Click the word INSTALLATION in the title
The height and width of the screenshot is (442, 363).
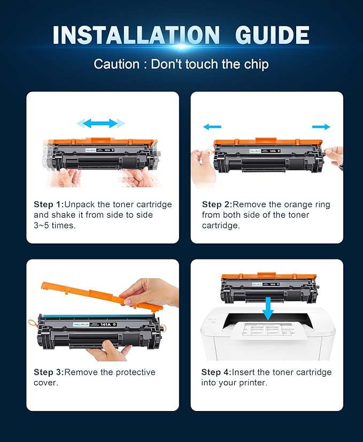pos(136,35)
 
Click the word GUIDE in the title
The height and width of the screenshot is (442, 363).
pos(273,35)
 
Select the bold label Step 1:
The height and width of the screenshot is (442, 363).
pos(49,204)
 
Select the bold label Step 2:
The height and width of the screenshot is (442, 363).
pos(217,204)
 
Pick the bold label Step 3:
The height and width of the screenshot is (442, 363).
pos(49,372)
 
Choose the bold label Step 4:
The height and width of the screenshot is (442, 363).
pos(217,372)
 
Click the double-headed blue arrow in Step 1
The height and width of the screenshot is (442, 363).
pos(101,124)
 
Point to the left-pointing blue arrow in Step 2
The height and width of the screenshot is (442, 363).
pos(212,127)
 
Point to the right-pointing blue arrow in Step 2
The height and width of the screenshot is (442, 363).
pos(321,127)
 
